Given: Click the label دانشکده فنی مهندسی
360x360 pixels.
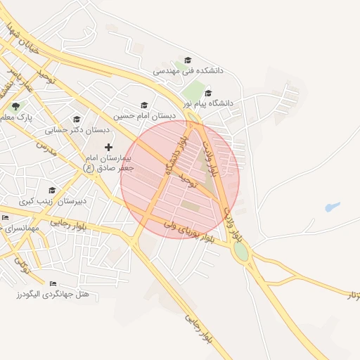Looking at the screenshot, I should pos(188,71).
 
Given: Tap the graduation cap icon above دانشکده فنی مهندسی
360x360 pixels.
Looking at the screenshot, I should pos(188,60).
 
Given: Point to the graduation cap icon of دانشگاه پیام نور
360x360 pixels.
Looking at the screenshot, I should pos(208,93).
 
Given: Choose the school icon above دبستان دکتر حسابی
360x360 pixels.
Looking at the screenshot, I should pos(77,119).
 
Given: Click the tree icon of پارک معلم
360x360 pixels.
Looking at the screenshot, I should pos(15,106).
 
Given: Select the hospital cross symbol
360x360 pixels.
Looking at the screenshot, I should pos(108,147).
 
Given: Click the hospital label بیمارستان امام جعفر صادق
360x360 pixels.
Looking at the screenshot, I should pos(108,163).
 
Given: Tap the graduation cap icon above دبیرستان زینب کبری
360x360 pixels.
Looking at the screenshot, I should pos(52,191).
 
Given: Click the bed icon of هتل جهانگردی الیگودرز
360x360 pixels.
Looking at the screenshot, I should pos(53,283).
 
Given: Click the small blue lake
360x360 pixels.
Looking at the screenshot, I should pos(332,207).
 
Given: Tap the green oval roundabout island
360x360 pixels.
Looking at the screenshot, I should pos(241,251).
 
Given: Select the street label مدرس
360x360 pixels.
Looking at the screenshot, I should pos(46,148).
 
